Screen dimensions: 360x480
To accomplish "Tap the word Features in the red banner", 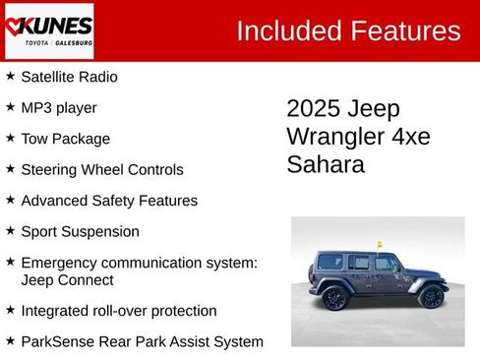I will pyautogui.click(x=404, y=30).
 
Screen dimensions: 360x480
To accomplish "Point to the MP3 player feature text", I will pyautogui.click(x=59, y=107).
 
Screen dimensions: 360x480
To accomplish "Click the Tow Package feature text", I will pyautogui.click(x=65, y=139).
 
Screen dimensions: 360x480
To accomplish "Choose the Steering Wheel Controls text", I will pyautogui.click(x=101, y=169).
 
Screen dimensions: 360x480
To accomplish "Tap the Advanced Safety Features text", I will pyautogui.click(x=108, y=201).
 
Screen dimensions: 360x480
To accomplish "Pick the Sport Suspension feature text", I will pyautogui.click(x=80, y=232).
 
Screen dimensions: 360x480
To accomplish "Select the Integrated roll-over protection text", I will pyautogui.click(x=118, y=311).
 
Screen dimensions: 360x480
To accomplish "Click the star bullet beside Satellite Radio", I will pyautogui.click(x=10, y=76).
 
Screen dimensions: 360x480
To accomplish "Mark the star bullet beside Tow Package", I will pyautogui.click(x=10, y=138).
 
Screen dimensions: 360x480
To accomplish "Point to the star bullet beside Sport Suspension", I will pyautogui.click(x=10, y=231).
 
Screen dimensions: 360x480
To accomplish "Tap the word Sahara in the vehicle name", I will pyautogui.click(x=326, y=164).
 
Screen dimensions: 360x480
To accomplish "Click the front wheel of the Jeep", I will pyautogui.click(x=430, y=295).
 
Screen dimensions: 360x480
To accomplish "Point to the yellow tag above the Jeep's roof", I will pyautogui.click(x=377, y=244).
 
